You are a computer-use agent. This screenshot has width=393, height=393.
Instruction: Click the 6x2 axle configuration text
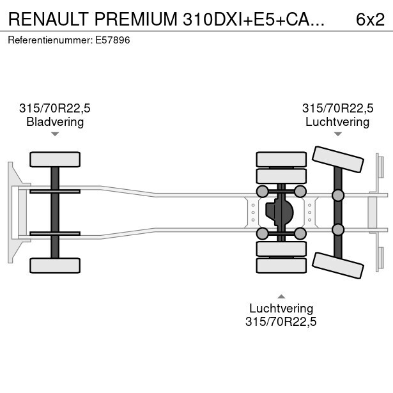point(370,19)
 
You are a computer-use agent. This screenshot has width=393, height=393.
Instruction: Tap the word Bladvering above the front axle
point(55,122)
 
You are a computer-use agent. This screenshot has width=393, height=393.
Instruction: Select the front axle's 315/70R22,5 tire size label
point(55,109)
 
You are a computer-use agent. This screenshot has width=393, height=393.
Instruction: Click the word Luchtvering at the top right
point(337,122)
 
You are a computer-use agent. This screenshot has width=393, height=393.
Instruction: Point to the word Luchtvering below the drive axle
point(281,309)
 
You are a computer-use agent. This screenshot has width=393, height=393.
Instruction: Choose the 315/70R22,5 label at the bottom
point(281,322)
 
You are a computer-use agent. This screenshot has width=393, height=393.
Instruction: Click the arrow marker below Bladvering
point(55,134)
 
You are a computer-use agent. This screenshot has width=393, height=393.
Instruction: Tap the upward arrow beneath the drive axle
point(281,296)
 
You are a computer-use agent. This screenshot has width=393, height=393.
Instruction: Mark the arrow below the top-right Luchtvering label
point(337,134)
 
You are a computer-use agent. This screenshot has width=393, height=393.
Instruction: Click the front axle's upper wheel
point(55,159)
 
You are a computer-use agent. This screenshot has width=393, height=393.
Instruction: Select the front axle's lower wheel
point(55,265)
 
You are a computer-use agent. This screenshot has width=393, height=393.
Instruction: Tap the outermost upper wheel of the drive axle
point(281,159)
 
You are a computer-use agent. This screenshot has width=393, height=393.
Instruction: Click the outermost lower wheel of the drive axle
point(281,265)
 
